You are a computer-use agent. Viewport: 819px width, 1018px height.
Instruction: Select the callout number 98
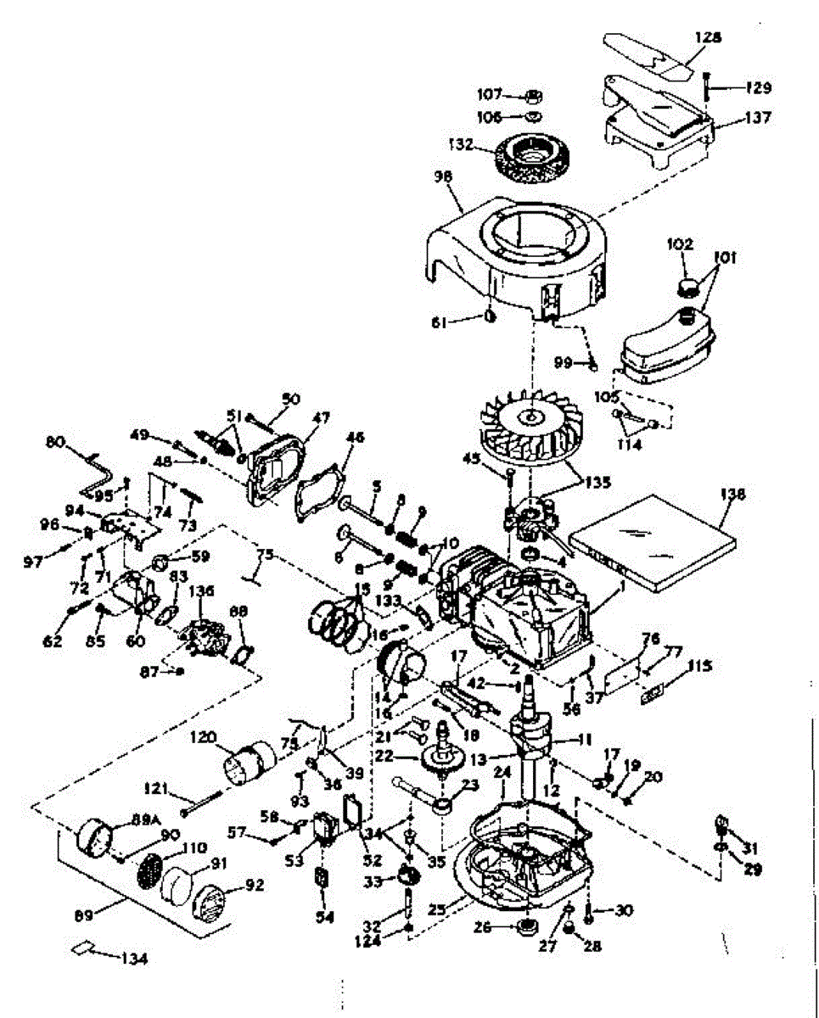[x=443, y=177]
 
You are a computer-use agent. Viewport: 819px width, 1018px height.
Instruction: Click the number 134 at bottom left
[x=133, y=959]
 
